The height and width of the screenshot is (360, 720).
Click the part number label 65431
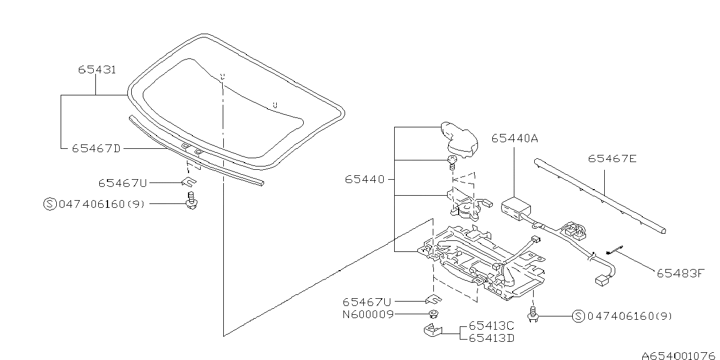point(96,70)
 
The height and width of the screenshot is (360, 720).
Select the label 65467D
point(95,148)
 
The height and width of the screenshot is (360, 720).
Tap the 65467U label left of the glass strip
point(122,182)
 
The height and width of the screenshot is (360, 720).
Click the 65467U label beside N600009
point(367,302)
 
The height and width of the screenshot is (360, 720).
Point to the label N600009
point(369,315)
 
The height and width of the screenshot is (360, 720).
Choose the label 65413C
point(491,326)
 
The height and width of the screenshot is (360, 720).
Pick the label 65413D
point(491,337)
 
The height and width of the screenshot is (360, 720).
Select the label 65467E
point(612,159)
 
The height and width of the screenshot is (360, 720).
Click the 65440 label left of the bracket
point(365,179)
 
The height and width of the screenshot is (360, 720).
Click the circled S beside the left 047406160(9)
point(50,204)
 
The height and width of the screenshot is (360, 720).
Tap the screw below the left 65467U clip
point(191,202)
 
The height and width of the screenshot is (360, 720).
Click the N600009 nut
point(433,315)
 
